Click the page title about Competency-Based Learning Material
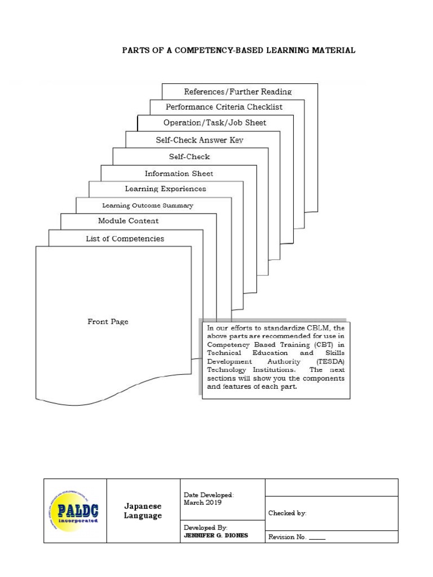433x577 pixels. pos(239,51)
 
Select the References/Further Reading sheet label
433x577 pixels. pos(238,92)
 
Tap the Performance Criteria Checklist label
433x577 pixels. pos(224,107)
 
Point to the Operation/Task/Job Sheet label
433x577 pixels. pos(215,123)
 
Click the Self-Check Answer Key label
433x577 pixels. pos(200,140)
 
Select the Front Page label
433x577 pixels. pos(108,322)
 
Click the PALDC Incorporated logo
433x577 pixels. pos(74,511)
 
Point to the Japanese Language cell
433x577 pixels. pos(143,511)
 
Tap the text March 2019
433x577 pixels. pos(202,503)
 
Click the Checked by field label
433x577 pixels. pos(287,513)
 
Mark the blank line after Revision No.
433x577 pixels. pos(317,539)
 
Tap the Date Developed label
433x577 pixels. pos(209,495)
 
